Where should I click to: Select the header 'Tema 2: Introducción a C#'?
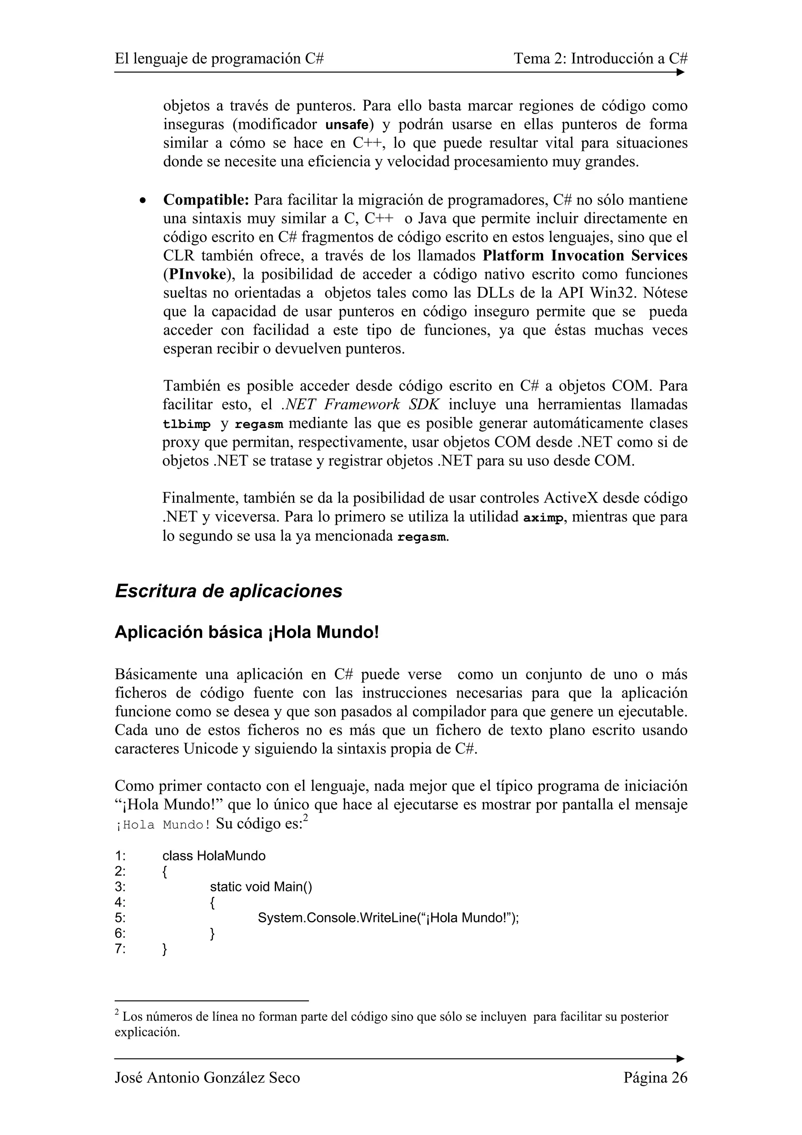pyautogui.click(x=600, y=59)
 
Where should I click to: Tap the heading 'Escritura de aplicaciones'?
pyautogui.click(x=228, y=591)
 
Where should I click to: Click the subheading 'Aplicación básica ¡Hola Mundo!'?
pyautogui.click(x=247, y=632)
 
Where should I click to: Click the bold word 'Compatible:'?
pyautogui.click(x=206, y=200)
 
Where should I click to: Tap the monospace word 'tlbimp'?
pyautogui.click(x=186, y=425)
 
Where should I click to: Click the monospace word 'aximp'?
pyautogui.click(x=543, y=518)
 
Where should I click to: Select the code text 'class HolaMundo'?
pyautogui.click(x=213, y=856)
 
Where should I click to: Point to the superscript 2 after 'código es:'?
pyautogui.click(x=306, y=819)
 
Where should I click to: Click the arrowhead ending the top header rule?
pyautogui.click(x=681, y=72)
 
